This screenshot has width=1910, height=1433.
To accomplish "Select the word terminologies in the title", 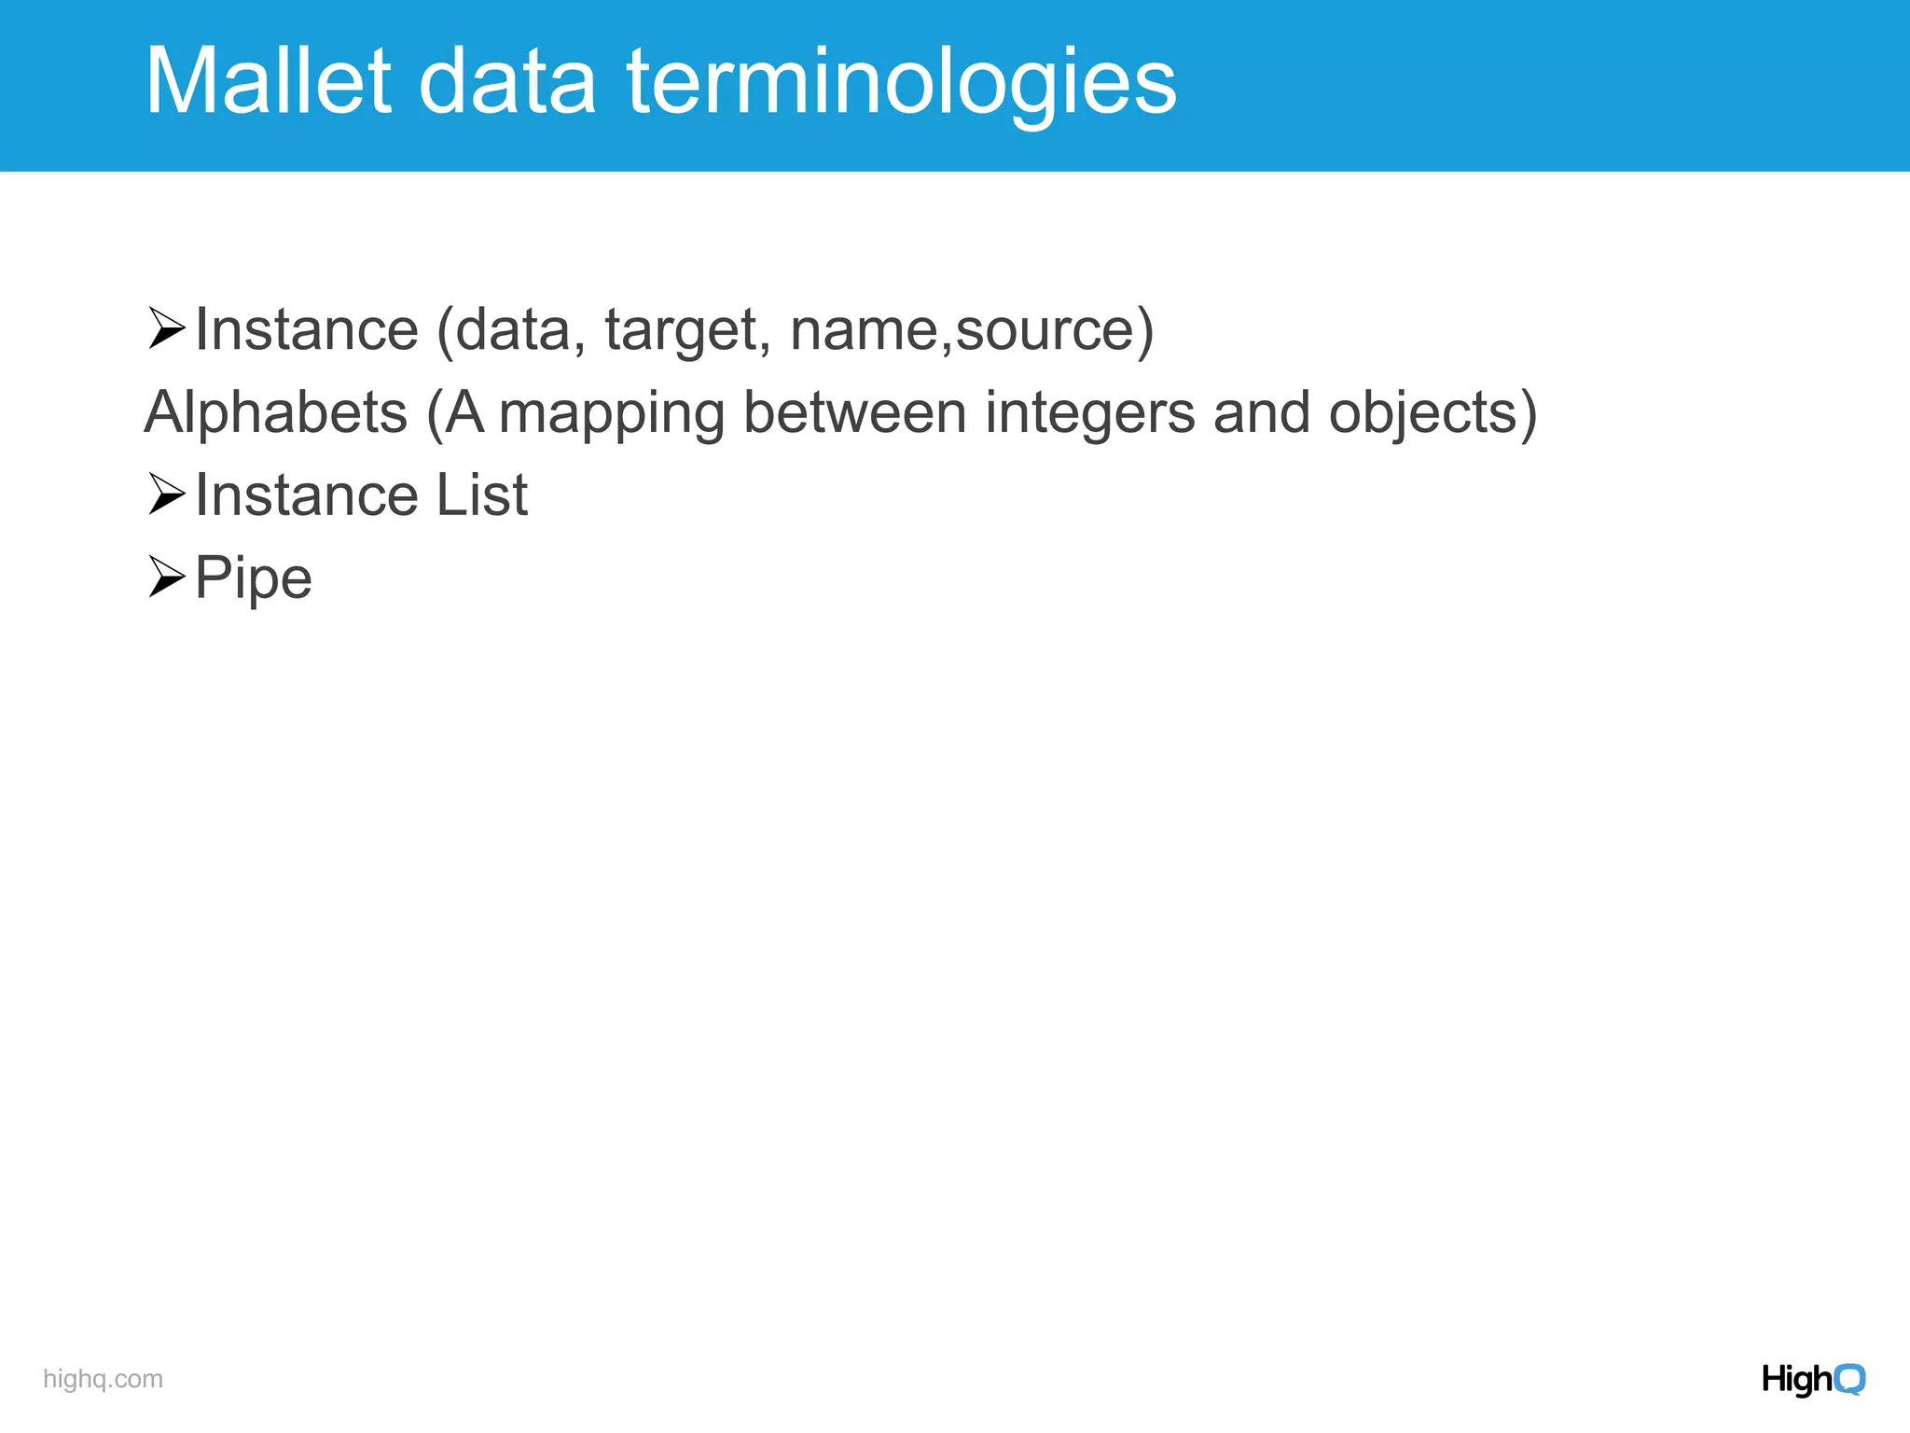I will coord(901,84).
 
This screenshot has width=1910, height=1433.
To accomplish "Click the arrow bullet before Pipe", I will coord(166,577).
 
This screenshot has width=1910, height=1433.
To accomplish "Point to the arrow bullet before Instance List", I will coord(166,494).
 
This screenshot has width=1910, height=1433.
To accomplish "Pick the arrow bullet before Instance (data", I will coord(166,328).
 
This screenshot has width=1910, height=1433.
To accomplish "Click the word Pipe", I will coord(253,578).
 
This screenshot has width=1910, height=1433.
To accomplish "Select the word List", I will coord(481,494).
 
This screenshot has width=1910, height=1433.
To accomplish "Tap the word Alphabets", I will coord(276,412).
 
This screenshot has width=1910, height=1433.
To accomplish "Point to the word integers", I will coord(1089,412).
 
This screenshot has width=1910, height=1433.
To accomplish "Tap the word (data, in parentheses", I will coord(511,330).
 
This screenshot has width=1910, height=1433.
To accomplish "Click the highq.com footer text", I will coord(103,1379).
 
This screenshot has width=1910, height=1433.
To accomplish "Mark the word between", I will coord(854,412).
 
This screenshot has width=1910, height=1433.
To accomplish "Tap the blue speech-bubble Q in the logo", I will coord(1849,1379).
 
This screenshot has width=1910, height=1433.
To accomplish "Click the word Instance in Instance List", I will coord(307,494).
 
